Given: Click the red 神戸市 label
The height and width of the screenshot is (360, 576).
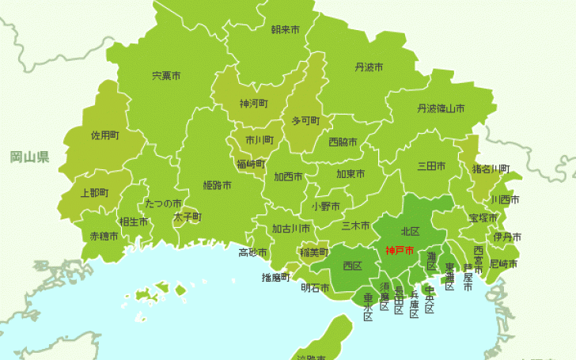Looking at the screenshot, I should (400, 252).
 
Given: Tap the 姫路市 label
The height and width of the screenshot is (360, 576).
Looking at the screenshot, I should (217, 186).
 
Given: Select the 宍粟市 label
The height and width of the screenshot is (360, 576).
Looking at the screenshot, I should (166, 76).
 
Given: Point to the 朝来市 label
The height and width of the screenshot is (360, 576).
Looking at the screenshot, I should (285, 29).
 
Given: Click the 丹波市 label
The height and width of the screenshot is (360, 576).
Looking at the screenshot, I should (369, 67).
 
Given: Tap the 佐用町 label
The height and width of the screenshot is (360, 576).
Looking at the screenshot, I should (104, 135).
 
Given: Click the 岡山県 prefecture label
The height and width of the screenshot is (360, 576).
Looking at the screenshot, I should (29, 157).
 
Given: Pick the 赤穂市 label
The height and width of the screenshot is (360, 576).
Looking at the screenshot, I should (104, 236).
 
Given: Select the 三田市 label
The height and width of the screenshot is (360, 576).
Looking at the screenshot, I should (431, 166).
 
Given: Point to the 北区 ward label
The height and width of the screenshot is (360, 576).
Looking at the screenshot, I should (410, 232).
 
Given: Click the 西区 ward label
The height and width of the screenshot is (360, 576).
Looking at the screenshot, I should (352, 266).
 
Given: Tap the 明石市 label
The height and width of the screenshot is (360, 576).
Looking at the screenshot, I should (316, 288).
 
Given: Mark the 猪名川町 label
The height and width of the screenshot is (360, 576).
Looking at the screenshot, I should (491, 169).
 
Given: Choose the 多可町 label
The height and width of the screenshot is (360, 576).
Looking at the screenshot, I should (305, 121).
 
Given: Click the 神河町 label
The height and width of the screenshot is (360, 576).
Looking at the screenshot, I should (254, 104).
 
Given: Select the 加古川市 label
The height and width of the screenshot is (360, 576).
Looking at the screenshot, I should (291, 229).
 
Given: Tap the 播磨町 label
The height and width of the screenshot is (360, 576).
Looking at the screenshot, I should (276, 277).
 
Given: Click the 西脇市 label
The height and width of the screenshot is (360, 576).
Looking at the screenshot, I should (343, 142).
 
